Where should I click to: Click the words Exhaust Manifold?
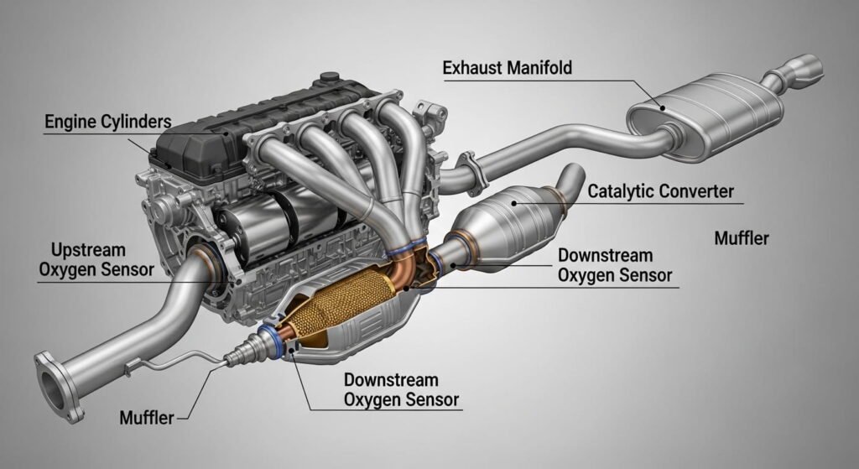point(508,68)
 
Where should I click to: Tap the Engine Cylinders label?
point(108,122)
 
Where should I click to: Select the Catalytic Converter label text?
point(660,191)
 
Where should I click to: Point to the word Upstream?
point(88,250)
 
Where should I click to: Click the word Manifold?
point(539,68)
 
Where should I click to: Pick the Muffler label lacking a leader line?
point(742,238)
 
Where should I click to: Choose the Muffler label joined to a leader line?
point(147,418)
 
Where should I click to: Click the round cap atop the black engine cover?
point(329,76)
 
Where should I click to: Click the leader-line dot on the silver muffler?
point(663,108)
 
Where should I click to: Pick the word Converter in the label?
point(695,191)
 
